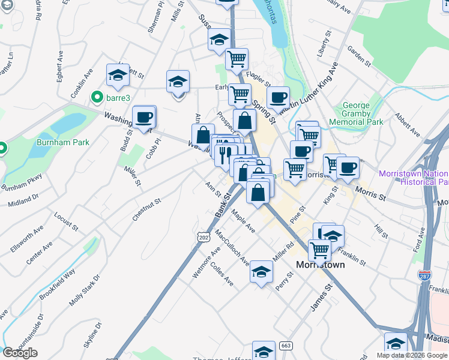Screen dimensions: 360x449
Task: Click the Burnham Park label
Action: click(x=63, y=142)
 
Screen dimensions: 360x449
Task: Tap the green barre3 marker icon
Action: click(x=95, y=97)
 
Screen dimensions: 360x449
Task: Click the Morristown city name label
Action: click(x=321, y=264)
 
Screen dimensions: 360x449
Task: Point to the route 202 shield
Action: click(x=205, y=238)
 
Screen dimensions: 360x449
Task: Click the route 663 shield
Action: click(x=286, y=346)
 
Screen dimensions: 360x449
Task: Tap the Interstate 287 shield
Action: click(x=424, y=275)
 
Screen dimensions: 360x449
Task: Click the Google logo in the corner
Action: click(x=20, y=353)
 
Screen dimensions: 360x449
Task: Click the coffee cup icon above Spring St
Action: click(x=278, y=97)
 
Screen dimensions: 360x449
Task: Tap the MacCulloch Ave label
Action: click(x=232, y=247)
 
